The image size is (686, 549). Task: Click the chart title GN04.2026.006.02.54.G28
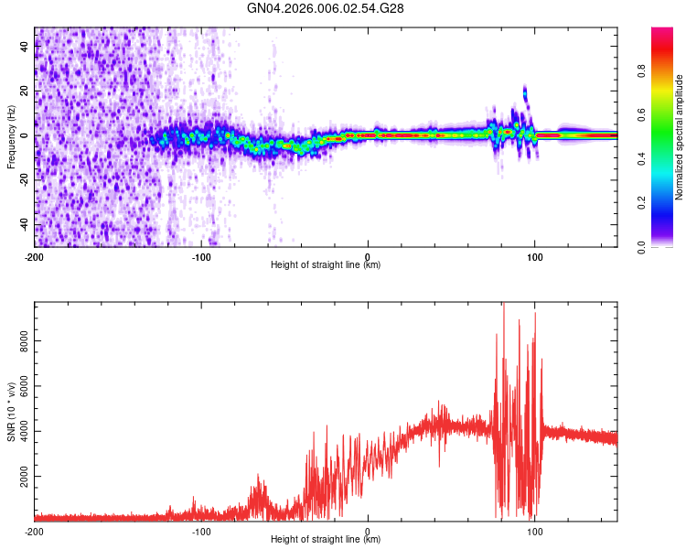coord(326,8)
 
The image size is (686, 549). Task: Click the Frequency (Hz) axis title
coord(11,136)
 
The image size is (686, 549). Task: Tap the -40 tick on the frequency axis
coord(24,225)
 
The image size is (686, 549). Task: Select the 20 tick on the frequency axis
coord(26,91)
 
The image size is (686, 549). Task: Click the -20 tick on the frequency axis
coord(24,180)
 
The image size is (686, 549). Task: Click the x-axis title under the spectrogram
coord(326,265)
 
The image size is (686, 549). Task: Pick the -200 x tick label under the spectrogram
coord(35,255)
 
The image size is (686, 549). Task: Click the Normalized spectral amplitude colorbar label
coord(679,136)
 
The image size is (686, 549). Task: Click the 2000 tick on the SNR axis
coord(20,477)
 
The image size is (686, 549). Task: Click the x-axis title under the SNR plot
coord(326,540)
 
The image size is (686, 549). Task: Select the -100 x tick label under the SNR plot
coord(201,531)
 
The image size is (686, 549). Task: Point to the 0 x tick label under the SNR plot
coord(368,531)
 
